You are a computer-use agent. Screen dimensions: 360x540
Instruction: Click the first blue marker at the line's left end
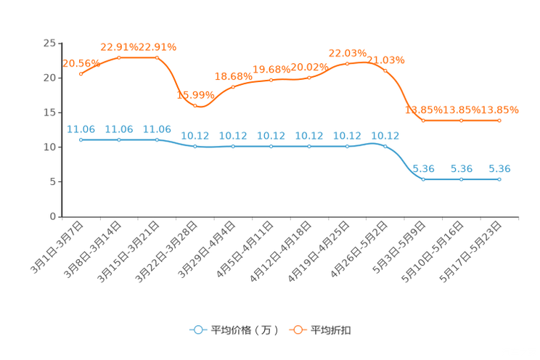[x=81, y=139]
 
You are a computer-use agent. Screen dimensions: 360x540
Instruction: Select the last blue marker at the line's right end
[x=499, y=179]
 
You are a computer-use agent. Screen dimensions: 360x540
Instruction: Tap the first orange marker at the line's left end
[x=81, y=73]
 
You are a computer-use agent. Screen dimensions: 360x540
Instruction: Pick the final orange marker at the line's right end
[x=499, y=120]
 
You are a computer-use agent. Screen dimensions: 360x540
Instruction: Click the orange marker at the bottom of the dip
[x=195, y=106]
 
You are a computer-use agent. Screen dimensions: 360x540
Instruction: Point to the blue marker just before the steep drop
[x=385, y=146]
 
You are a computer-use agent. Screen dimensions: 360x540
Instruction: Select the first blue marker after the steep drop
[x=423, y=179]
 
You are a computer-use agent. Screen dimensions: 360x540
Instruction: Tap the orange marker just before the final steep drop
[x=385, y=70]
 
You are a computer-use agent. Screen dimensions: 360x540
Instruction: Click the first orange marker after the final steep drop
[x=423, y=120]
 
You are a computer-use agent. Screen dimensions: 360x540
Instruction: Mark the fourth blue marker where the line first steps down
[x=195, y=147]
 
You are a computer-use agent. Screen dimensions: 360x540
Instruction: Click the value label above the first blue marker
[x=80, y=129]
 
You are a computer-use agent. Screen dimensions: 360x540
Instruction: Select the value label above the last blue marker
[x=500, y=168]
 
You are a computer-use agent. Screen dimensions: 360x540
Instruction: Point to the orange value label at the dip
[x=195, y=95]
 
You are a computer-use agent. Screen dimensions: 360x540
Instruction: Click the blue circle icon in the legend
[x=197, y=330]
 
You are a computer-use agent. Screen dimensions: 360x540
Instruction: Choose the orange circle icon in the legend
[x=298, y=330]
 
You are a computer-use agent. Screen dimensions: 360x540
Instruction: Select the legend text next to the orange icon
[x=332, y=330]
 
